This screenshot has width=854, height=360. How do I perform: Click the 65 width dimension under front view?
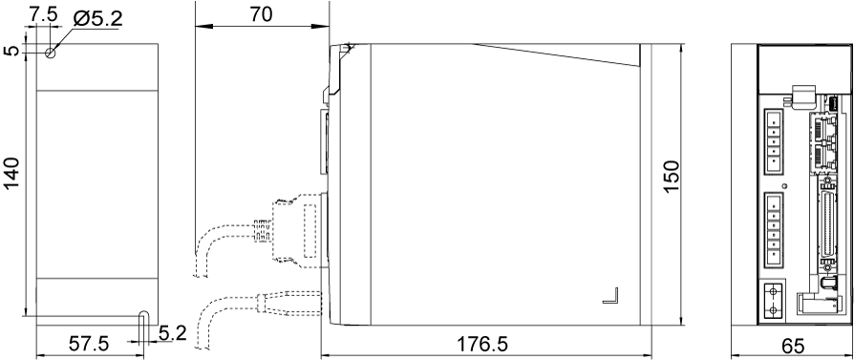tap(792, 345)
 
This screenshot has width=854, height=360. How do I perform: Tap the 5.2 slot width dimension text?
tap(173, 334)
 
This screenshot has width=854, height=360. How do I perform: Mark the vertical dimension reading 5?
tap(11, 53)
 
